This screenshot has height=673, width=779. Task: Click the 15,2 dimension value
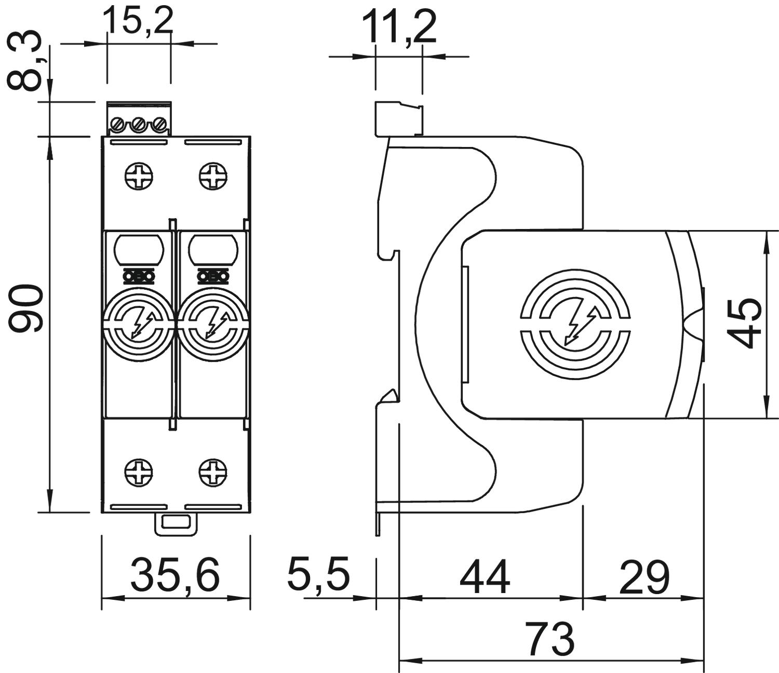[138, 21]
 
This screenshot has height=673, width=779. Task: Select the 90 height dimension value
[26, 308]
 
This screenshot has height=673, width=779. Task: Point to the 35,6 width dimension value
[176, 575]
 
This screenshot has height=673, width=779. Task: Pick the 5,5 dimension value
[319, 574]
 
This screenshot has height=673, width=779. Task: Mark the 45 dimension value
[745, 322]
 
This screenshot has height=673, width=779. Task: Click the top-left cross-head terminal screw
[139, 177]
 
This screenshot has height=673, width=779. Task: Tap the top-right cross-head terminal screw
[213, 177]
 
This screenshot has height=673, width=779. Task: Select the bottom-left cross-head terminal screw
[139, 473]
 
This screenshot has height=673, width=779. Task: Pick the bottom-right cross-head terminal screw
[213, 473]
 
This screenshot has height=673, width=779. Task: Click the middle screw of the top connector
[138, 125]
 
